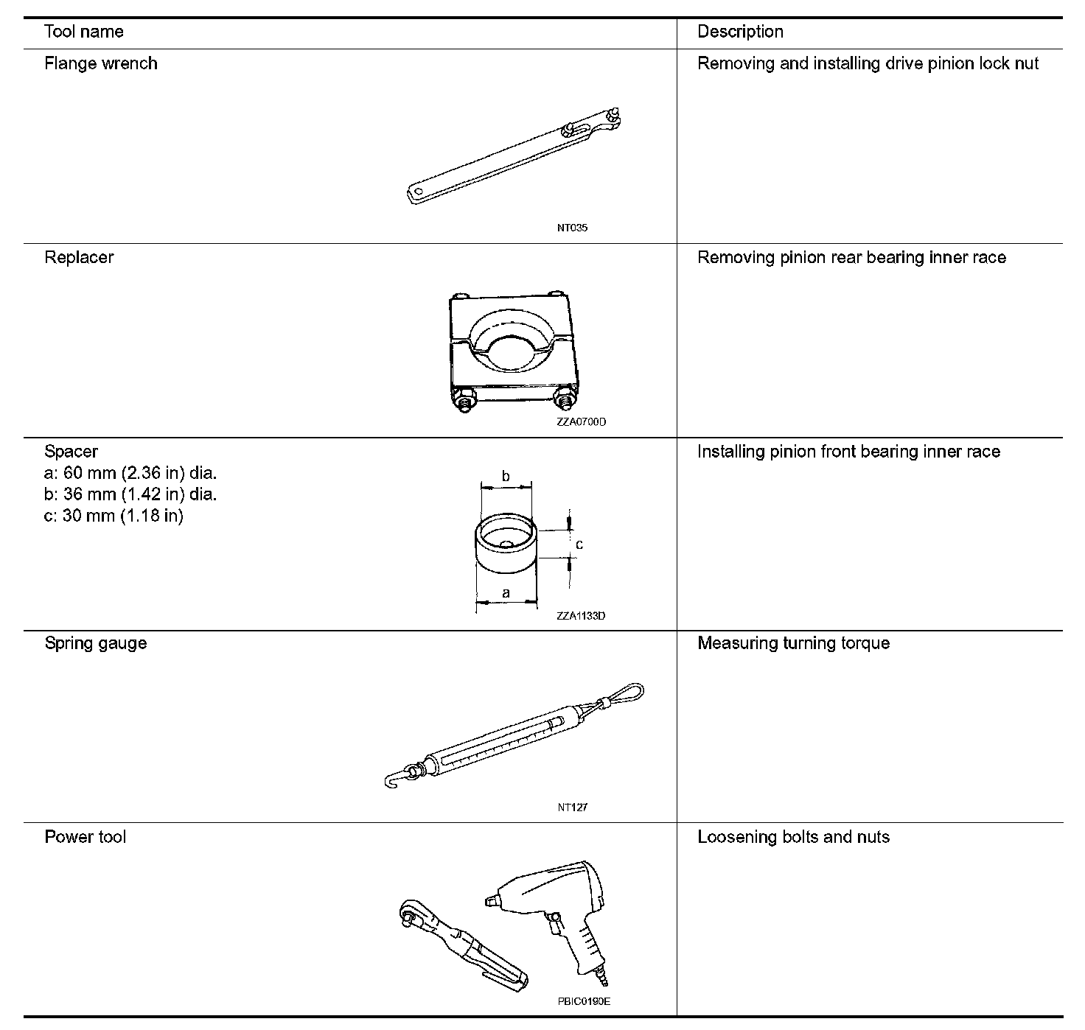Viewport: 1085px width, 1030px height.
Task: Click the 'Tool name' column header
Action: coord(83,32)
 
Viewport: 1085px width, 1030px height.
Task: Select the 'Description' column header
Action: coord(740,32)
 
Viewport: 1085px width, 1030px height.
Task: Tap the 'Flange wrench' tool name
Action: coord(100,63)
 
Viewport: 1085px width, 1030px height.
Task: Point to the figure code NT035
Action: coord(572,228)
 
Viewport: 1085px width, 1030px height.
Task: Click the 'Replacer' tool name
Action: coord(79,257)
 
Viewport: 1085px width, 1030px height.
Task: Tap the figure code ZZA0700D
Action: coord(582,422)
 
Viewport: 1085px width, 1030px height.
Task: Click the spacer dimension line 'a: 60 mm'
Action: coord(130,472)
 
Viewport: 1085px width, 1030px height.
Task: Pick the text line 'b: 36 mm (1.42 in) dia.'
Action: coord(130,494)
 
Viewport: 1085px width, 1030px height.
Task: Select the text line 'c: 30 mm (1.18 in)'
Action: coord(114,515)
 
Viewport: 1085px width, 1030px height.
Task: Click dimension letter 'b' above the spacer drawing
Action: coord(506,477)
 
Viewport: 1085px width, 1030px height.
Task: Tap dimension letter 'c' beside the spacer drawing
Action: coord(579,544)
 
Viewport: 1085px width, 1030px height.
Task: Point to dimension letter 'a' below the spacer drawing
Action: coord(506,592)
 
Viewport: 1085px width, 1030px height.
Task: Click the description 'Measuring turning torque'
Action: coord(793,643)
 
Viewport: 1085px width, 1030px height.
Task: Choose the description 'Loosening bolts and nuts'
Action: coord(793,837)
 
